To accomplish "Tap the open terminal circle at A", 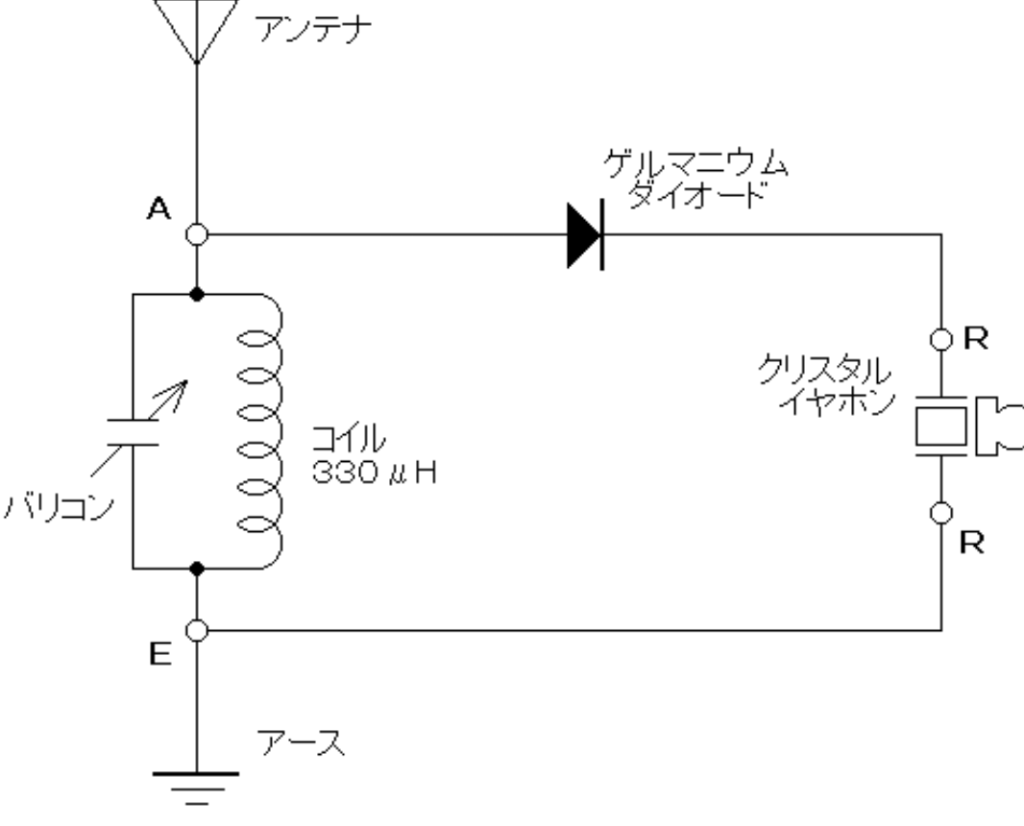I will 197,233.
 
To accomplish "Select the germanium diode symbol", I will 585,233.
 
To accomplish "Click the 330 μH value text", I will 375,473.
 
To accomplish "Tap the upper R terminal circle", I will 941,338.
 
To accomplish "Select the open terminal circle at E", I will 197,631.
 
